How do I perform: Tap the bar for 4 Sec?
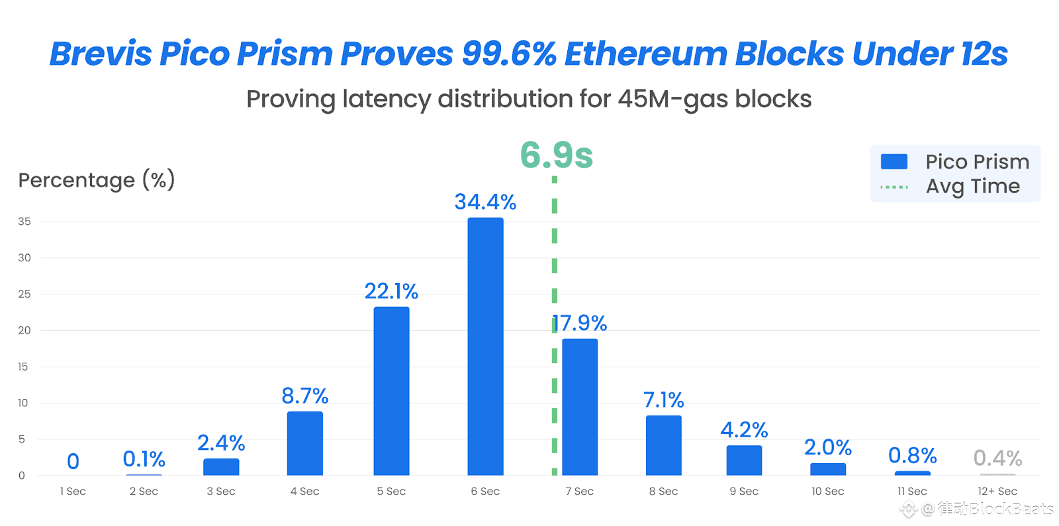304,443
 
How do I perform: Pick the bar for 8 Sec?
663,445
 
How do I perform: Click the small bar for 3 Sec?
221,467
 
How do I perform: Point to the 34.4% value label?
485,202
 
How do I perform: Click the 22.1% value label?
391,291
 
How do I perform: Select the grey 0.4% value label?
997,458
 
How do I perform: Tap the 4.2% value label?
744,430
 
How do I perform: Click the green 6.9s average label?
556,155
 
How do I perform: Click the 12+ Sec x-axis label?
997,492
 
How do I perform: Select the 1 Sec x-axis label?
73,492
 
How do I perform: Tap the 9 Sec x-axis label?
744,492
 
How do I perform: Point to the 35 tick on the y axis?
24,222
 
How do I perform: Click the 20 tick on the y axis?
24,330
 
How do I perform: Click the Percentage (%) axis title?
97,180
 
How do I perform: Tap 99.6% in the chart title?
509,54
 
